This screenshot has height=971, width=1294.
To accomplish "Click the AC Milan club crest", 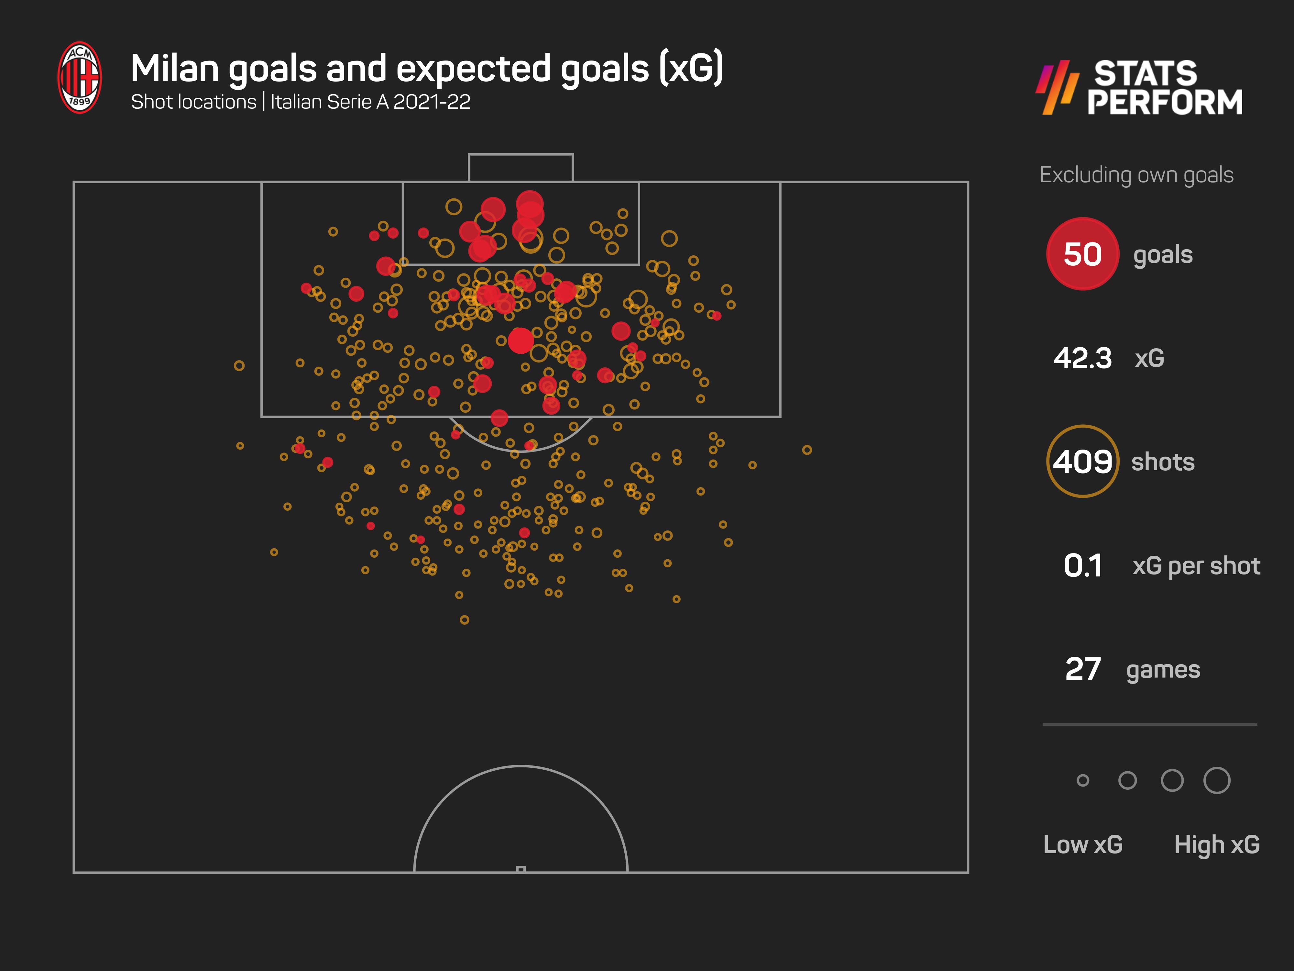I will pos(80,77).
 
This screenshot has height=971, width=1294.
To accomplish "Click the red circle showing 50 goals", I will pos(1082,254).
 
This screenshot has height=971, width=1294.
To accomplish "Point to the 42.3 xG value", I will pos(1082,358).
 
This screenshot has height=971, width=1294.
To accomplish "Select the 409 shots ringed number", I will pos(1082,462).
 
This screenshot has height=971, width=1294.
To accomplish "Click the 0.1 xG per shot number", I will pos(1082,565).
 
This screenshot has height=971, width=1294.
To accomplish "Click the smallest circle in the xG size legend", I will pos(1083,780).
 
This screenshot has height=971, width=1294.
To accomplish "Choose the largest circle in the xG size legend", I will pos(1217,780).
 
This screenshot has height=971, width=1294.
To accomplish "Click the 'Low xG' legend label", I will pos(1083,844).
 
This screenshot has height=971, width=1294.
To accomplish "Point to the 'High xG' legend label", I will pos(1217,844).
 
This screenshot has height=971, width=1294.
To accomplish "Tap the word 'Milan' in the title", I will pos(174,69).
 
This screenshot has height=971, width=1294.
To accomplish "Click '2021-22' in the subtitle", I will pos(432,102).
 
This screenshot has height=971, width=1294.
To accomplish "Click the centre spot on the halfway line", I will pos(521,869).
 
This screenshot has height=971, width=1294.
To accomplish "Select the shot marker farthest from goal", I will pos(465,620).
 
